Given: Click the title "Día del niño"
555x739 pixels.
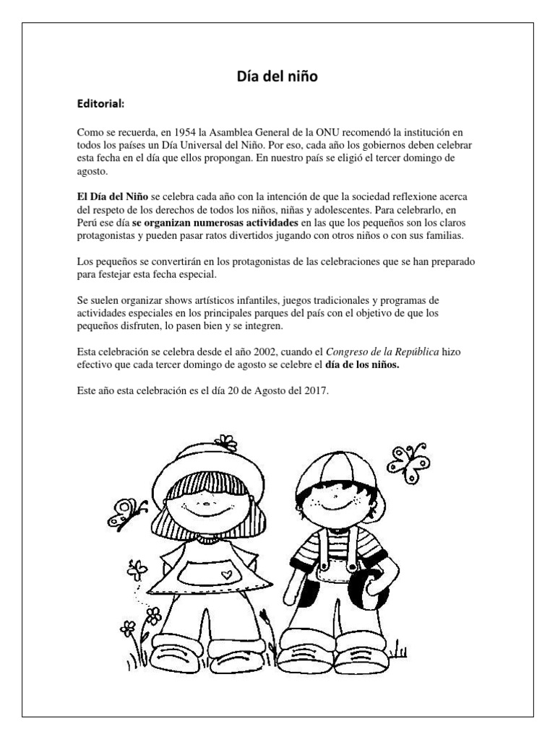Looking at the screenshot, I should click(277, 76).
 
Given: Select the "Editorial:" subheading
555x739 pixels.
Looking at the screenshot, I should click(100, 104).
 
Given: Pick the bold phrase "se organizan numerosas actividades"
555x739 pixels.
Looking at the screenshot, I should click(215, 223).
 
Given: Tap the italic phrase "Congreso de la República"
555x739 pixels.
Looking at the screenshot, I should click(383, 351).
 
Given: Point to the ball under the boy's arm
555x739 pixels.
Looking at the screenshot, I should click(369, 588).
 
